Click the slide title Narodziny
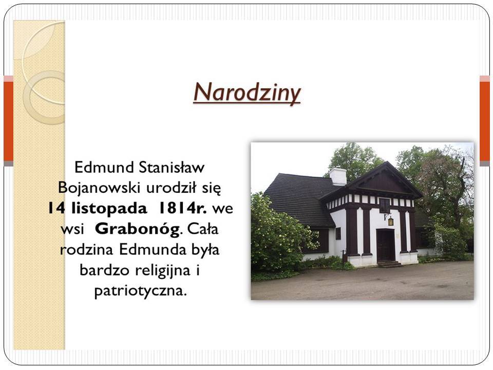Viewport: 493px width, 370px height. [x=247, y=93]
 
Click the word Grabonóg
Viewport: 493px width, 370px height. [x=137, y=229]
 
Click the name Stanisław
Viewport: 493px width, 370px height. [x=172, y=167]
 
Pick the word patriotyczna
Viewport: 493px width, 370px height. [x=141, y=291]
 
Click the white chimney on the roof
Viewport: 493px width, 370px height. [x=338, y=176]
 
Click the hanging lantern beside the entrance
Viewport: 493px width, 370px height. [x=390, y=221]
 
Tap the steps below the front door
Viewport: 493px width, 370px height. [x=389, y=264]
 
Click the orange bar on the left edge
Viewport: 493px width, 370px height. [x=9, y=121]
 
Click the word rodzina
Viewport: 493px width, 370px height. [x=86, y=250]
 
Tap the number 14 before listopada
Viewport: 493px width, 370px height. [x=56, y=208]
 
